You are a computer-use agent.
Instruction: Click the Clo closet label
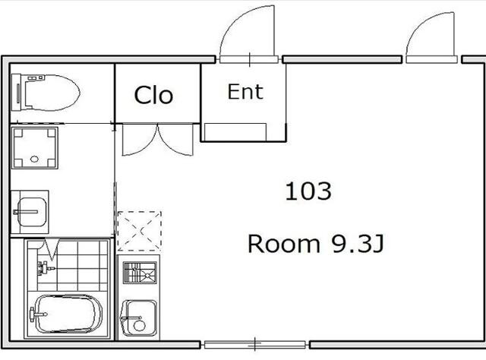click(153, 95)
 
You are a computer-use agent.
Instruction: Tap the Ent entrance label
click(245, 92)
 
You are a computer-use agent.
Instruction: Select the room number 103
click(308, 191)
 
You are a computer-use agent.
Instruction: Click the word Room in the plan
click(283, 244)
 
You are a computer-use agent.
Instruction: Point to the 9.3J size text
click(358, 244)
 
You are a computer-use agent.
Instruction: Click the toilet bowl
click(46, 93)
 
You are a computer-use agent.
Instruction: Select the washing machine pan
click(34, 147)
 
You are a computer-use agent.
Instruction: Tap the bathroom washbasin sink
click(30, 212)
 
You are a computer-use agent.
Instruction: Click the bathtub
click(68, 314)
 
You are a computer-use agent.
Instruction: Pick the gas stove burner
click(140, 273)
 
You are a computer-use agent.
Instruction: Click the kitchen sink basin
click(138, 318)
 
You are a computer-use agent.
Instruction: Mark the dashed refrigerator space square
click(140, 231)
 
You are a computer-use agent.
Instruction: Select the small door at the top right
click(431, 37)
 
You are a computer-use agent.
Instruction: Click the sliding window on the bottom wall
click(255, 344)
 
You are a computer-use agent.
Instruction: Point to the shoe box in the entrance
click(235, 132)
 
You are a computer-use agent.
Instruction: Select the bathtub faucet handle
click(38, 314)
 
